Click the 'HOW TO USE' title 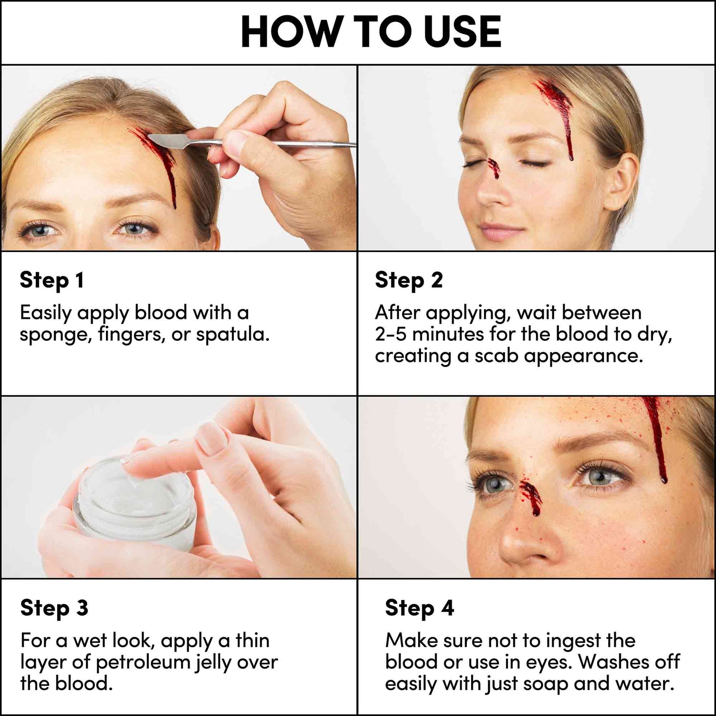[x=371, y=32]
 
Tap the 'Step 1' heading [x=52, y=280]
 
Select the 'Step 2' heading [x=409, y=280]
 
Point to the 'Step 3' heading [x=54, y=608]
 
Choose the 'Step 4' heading [x=419, y=608]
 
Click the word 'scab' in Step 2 [x=496, y=356]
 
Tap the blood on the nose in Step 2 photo [x=494, y=168]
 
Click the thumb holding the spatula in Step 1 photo [x=234, y=148]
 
